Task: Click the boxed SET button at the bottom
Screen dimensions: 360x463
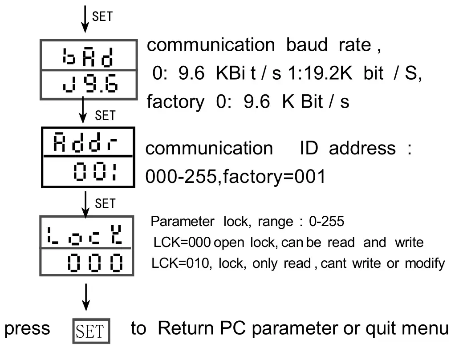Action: (x=91, y=331)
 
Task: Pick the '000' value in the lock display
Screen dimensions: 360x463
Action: (x=95, y=263)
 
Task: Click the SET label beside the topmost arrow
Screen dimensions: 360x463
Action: (x=102, y=16)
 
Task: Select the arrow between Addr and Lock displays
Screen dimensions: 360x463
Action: (x=85, y=202)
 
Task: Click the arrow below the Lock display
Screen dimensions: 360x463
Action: (x=86, y=297)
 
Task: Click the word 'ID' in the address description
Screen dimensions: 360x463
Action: (x=309, y=148)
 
